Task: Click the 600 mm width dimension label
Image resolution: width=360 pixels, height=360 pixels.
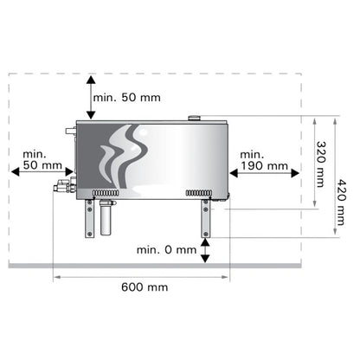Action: pyautogui.click(x=145, y=287)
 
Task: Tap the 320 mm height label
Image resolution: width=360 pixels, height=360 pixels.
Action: pyautogui.click(x=321, y=164)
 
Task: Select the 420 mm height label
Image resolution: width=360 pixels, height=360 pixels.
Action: pyautogui.click(x=341, y=202)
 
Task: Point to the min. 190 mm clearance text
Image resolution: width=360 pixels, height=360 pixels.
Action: pyautogui.click(x=264, y=160)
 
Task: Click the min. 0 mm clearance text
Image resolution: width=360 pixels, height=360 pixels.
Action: pyautogui.click(x=166, y=250)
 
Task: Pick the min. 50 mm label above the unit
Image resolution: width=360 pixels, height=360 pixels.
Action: pyautogui.click(x=127, y=98)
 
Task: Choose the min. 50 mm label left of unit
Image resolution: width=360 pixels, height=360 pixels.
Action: pyautogui.click(x=42, y=159)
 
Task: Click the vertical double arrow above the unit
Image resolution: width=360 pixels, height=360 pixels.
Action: pyautogui.click(x=91, y=98)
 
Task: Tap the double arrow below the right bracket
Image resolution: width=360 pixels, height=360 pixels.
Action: pyautogui.click(x=205, y=250)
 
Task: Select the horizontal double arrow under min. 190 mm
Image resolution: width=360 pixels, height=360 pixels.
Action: pyautogui.click(x=264, y=173)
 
